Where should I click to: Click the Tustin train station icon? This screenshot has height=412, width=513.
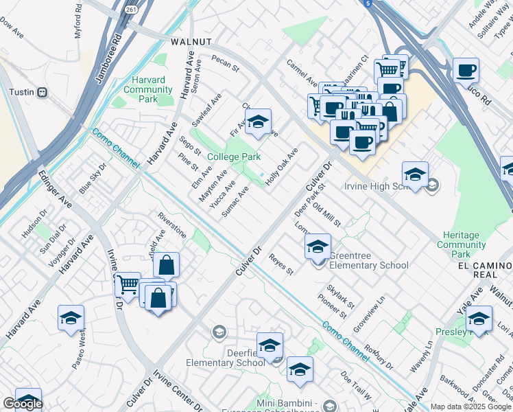43,92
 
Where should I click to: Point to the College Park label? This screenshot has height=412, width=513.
234,157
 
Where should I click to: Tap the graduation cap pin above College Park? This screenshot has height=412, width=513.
258,122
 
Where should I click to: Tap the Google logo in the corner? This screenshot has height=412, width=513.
22,404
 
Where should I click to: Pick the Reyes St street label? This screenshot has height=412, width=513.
281,264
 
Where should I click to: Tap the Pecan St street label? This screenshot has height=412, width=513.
224,64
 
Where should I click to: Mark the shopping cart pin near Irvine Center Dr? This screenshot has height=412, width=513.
128,284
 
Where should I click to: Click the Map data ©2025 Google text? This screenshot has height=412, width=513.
471,407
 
